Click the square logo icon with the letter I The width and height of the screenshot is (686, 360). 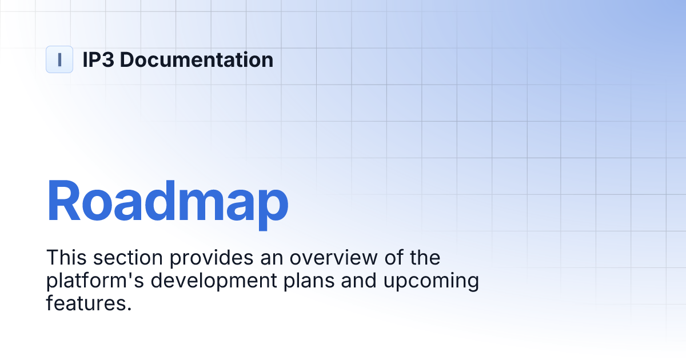pos(59,59)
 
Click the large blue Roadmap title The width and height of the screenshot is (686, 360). pos(167,201)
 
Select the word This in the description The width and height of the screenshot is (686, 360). pos(66,258)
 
